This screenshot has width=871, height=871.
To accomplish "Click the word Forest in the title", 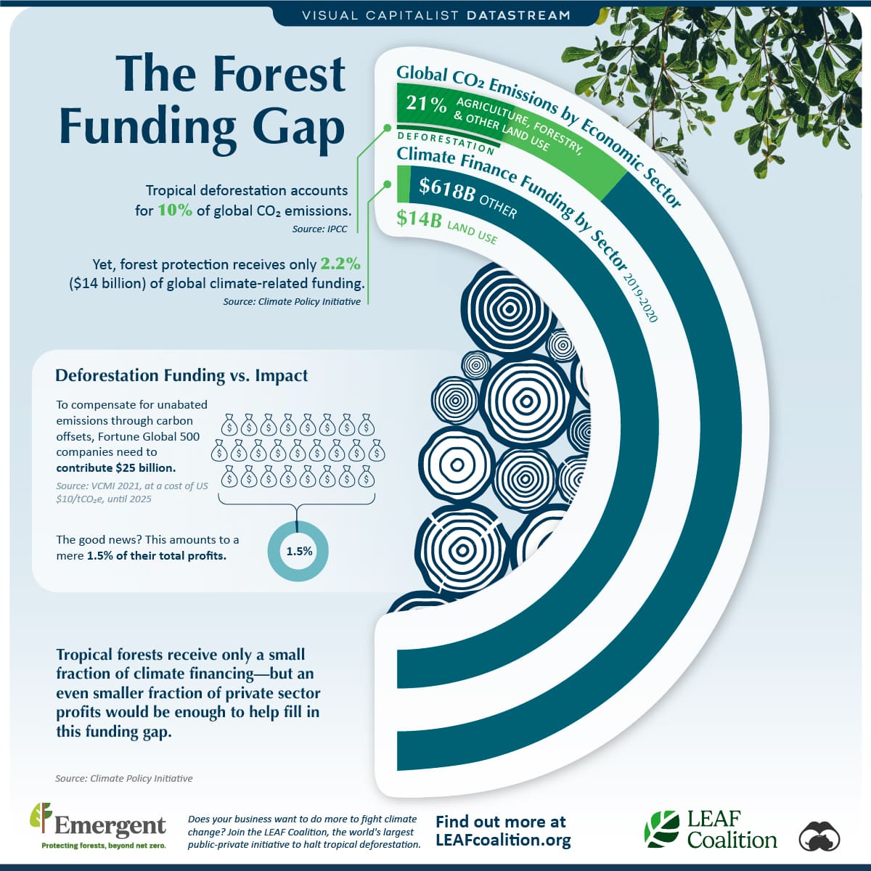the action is pyautogui.click(x=279, y=74).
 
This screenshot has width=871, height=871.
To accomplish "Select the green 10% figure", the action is pyautogui.click(x=175, y=210).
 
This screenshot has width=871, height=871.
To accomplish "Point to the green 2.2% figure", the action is pyautogui.click(x=340, y=263).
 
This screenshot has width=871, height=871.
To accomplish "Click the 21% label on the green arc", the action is pyautogui.click(x=426, y=104).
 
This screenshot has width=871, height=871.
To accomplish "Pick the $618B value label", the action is pyautogui.click(x=447, y=189).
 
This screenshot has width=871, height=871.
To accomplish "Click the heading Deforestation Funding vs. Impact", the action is pyautogui.click(x=181, y=375).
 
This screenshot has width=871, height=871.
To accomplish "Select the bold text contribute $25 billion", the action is pyautogui.click(x=116, y=468).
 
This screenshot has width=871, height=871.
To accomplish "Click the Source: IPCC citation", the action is pyautogui.click(x=319, y=229).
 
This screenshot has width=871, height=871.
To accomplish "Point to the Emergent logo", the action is pyautogui.click(x=98, y=826).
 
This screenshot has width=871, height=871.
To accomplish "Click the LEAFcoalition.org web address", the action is pyautogui.click(x=504, y=841).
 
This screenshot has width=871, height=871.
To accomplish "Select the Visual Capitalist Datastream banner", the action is pyautogui.click(x=436, y=15).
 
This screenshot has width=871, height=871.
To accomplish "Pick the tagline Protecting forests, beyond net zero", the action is pyautogui.click(x=104, y=846).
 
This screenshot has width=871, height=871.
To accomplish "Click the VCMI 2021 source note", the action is pyautogui.click(x=132, y=492).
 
